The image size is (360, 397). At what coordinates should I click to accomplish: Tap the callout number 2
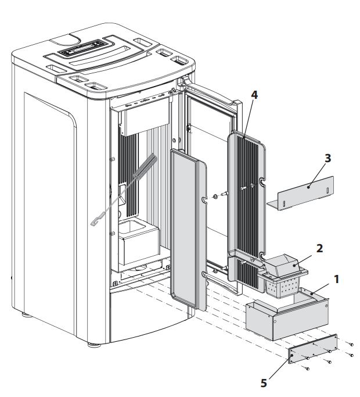[x=319, y=247]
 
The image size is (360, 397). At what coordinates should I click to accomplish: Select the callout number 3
[x=329, y=158]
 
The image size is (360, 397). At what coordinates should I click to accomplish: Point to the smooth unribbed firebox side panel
[x=187, y=227]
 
